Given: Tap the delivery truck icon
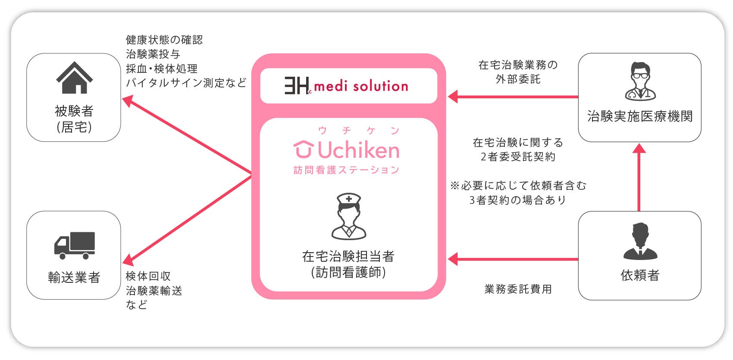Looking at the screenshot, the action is click(x=74, y=245).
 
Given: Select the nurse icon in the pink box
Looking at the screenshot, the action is click(x=348, y=216).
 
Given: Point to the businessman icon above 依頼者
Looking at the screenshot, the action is click(x=640, y=241).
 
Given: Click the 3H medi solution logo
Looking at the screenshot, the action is click(x=346, y=86).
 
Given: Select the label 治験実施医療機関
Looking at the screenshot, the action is click(x=640, y=116).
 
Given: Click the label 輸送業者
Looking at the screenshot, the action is click(x=74, y=277).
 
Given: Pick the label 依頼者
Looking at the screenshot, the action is click(x=640, y=275).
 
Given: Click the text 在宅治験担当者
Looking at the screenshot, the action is click(x=348, y=257).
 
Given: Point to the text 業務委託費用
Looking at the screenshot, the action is click(x=518, y=289).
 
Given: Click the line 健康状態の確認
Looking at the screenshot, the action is click(x=164, y=40).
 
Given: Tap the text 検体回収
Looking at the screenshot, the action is click(x=148, y=276).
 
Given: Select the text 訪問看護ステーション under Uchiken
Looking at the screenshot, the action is click(x=347, y=170).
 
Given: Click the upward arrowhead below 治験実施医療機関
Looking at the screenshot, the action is click(x=639, y=149).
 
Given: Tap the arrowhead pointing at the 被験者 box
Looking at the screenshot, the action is click(x=127, y=101).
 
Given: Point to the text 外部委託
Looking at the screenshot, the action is click(x=518, y=79).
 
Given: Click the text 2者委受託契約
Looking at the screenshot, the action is click(x=518, y=157).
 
